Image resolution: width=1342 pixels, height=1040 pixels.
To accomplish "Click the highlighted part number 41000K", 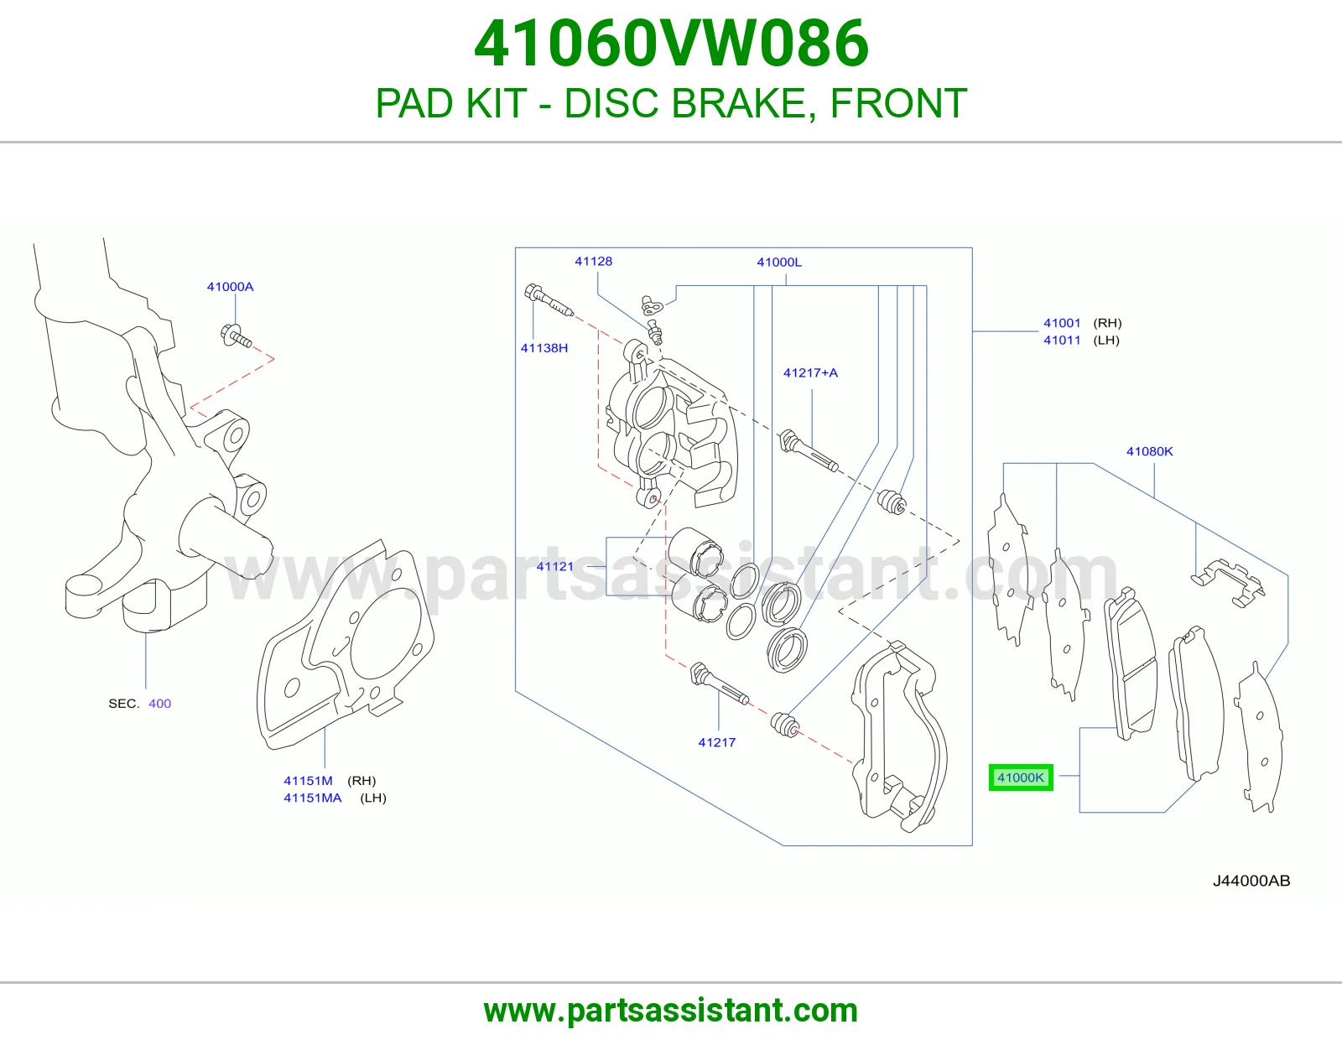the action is click(x=1020, y=777).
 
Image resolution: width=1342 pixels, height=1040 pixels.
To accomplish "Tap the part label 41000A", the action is click(x=230, y=287).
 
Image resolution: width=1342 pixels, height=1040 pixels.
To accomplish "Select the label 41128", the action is click(x=594, y=261).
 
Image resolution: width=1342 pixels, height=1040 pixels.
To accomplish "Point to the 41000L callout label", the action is click(x=779, y=262).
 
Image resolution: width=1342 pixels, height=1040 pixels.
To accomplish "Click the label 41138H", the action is click(x=544, y=348).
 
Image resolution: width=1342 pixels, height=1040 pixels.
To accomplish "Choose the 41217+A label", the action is click(x=810, y=372).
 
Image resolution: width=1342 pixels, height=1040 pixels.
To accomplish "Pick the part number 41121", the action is click(x=554, y=566).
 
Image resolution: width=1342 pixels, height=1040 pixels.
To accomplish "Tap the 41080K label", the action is click(x=1149, y=451).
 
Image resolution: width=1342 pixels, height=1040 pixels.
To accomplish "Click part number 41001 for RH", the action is click(x=1062, y=322).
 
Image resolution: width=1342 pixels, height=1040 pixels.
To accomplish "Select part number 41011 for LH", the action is click(x=1062, y=340).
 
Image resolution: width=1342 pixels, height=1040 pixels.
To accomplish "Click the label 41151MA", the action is click(x=313, y=798).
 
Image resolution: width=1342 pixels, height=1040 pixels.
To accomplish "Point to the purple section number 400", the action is click(x=159, y=703).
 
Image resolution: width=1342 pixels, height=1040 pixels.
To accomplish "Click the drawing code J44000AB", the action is click(x=1251, y=881).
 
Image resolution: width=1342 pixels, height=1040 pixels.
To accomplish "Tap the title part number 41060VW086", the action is click(x=671, y=44).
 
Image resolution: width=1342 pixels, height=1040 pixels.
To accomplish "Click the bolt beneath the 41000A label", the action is click(x=236, y=336).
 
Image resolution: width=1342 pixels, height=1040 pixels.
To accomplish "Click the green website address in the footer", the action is click(x=671, y=1011).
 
